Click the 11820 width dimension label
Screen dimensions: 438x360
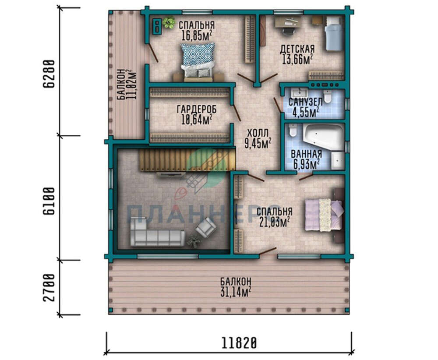coord(239,343)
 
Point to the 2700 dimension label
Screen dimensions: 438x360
coord(49,288)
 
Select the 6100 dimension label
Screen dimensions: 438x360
coord(49,201)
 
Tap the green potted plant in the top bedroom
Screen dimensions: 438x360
coord(169,22)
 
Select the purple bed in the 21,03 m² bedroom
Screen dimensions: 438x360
coord(324,215)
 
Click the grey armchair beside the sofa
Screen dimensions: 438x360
coord(206,227)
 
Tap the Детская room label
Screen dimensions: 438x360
coord(297,49)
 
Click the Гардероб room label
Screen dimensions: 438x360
coord(197,109)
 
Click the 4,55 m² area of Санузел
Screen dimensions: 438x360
coord(306,113)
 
